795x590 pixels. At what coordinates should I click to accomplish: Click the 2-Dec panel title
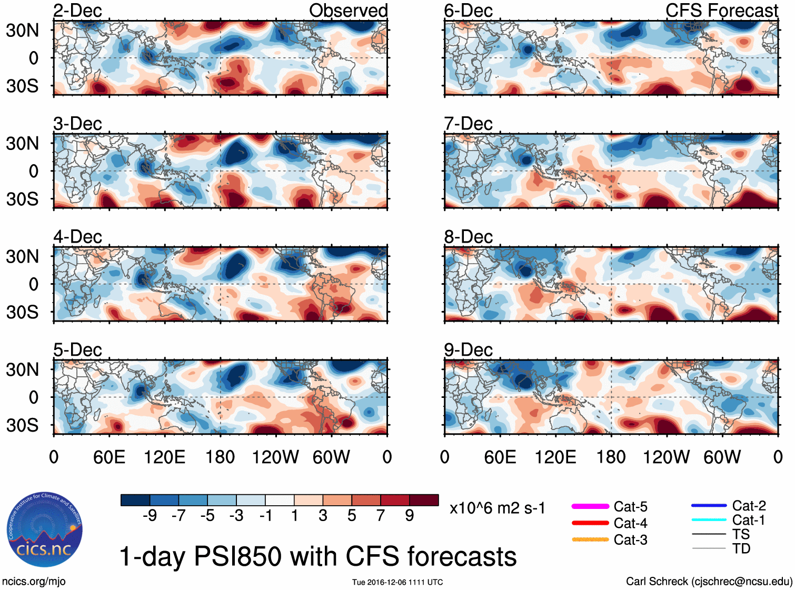click(77, 11)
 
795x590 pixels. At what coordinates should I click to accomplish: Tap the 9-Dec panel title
click(468, 350)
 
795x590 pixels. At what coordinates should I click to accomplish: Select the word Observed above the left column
click(348, 11)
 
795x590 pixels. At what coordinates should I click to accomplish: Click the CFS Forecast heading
click(721, 11)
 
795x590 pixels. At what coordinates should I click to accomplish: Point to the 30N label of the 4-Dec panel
click(22, 257)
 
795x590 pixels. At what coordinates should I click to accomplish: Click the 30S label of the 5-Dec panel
click(22, 425)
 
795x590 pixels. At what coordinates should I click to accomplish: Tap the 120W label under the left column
click(275, 457)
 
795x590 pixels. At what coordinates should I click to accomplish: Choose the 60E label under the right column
click(500, 457)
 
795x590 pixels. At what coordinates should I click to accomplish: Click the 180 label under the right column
click(611, 457)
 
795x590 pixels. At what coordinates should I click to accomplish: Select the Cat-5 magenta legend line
click(590, 506)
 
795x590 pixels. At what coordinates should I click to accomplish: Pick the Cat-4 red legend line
click(590, 523)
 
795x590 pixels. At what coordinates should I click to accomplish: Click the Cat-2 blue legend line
click(709, 506)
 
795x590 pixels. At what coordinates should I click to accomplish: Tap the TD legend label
click(741, 549)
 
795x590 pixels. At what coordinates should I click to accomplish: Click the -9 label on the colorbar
click(150, 515)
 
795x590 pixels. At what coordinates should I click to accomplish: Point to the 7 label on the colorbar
click(381, 515)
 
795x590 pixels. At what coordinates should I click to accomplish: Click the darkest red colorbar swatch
click(424, 500)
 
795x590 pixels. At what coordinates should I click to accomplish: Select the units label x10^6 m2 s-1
click(497, 508)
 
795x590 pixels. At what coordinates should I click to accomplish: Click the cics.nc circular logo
click(44, 529)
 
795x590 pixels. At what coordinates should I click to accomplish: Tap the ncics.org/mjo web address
click(34, 582)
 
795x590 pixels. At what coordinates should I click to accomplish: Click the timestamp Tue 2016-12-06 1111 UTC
click(397, 582)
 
